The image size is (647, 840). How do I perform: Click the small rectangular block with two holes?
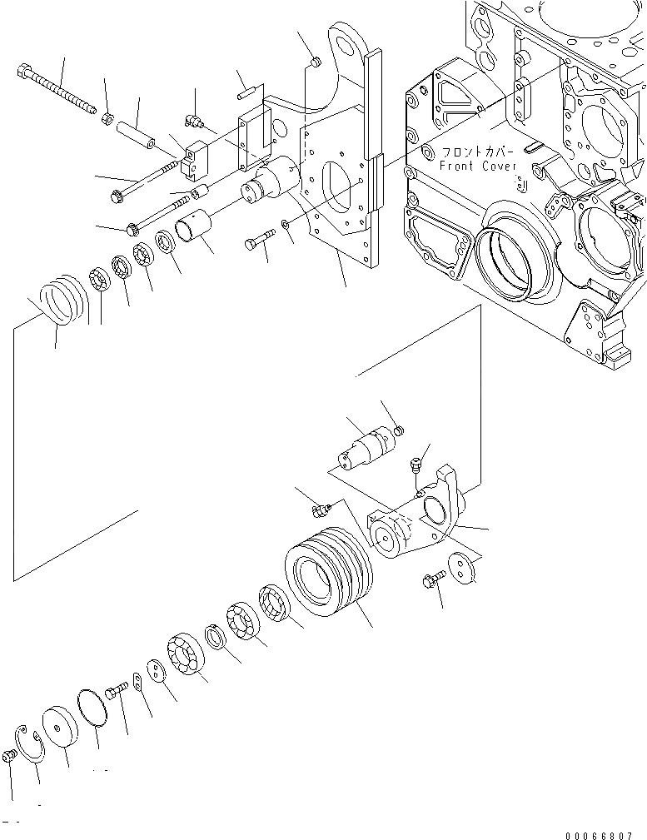click(196, 162)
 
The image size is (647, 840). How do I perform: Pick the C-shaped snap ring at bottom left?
click(32, 743)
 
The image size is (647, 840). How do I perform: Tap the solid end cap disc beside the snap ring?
click(61, 728)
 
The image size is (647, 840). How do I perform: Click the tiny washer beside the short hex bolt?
click(286, 224)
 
